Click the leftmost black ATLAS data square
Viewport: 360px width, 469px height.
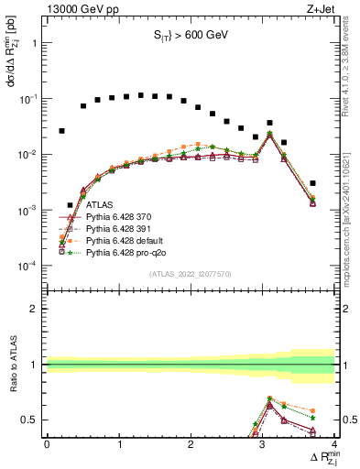pos(61,131)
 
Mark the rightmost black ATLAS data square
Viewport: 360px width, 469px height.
pos(312,183)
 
